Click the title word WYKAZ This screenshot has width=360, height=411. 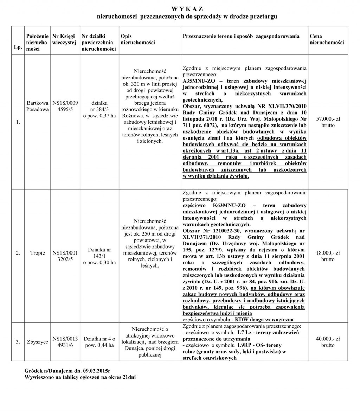click(x=187, y=9)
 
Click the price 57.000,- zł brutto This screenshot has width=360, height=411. click(x=328, y=122)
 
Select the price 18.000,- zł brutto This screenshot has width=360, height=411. click(x=328, y=256)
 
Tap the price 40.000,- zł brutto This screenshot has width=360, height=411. click(x=328, y=342)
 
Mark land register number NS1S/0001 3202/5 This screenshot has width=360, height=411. click(x=65, y=256)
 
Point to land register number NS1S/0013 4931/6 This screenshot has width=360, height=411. click(x=65, y=342)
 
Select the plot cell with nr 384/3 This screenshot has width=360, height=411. click(x=99, y=109)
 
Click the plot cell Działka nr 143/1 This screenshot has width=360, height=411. click(x=99, y=256)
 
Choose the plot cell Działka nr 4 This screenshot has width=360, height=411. click(x=99, y=342)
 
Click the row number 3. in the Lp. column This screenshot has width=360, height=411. click(x=17, y=342)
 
